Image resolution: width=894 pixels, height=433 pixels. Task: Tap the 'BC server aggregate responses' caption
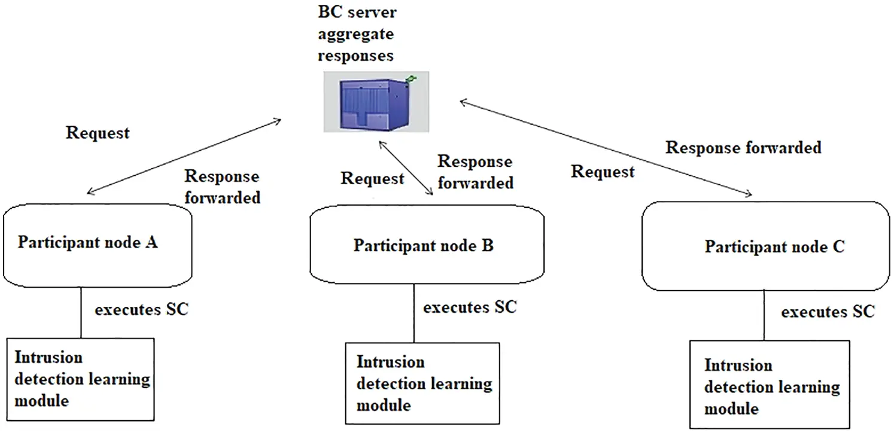click(x=356, y=34)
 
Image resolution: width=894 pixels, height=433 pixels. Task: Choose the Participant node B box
click(x=427, y=246)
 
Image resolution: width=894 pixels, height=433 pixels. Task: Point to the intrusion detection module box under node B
click(x=422, y=383)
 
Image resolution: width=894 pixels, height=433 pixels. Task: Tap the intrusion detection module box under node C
click(x=770, y=386)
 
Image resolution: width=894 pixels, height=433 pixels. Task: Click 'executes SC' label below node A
click(x=142, y=310)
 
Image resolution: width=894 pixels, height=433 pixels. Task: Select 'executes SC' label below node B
click(x=470, y=307)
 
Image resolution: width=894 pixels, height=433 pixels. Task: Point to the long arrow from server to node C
click(x=604, y=148)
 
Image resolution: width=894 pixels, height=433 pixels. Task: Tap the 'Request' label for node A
click(x=98, y=132)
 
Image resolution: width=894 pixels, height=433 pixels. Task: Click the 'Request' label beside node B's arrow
click(x=372, y=178)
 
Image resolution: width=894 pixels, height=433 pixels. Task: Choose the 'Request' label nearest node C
click(x=603, y=172)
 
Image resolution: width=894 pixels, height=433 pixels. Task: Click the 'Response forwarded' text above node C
click(x=743, y=147)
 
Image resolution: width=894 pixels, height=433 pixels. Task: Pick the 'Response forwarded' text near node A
click(x=222, y=187)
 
